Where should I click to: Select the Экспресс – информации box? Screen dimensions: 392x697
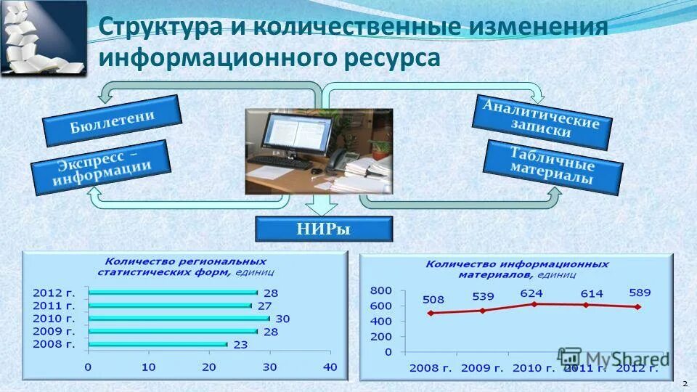(101, 166)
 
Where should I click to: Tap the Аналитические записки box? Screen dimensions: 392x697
(542, 123)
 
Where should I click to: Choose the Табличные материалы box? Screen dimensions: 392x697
(553, 168)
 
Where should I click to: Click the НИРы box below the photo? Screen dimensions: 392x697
(324, 229)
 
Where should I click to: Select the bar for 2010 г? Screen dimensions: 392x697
(178, 318)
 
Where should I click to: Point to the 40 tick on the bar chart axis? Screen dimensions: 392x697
(330, 367)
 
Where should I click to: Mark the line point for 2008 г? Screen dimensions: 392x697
(431, 313)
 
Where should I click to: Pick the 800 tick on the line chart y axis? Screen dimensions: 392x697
(381, 290)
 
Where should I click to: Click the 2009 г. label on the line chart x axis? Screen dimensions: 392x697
(481, 368)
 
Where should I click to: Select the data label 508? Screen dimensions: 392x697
(432, 299)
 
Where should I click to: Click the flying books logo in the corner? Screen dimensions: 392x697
(44, 38)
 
